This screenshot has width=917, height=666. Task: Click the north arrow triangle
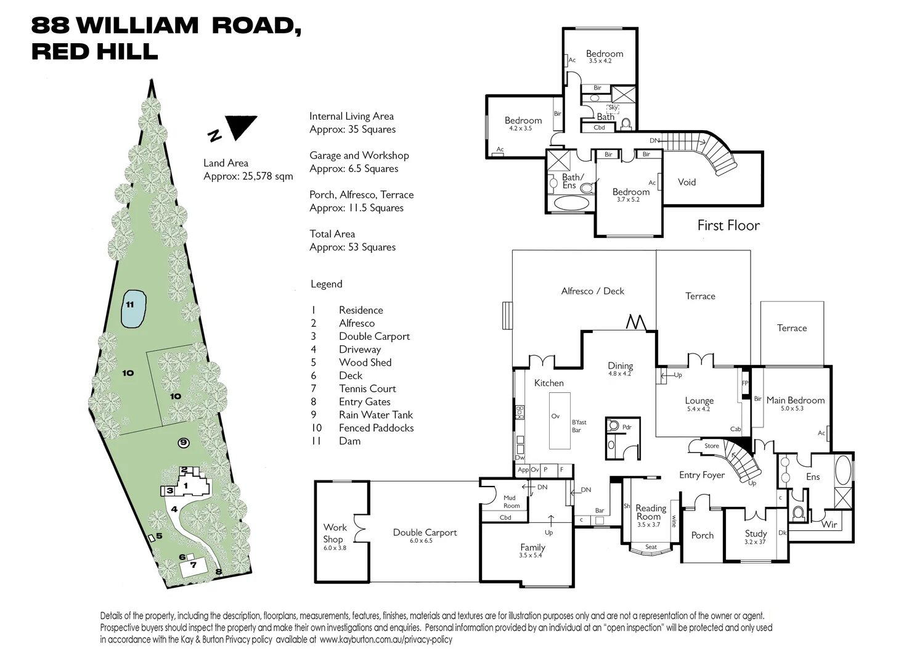tap(241, 126)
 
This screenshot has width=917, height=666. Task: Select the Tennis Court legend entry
tap(367, 388)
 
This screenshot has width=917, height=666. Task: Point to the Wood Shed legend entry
tap(365, 363)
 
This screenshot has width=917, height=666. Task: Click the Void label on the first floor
tap(687, 182)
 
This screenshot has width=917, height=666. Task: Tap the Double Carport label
tap(425, 532)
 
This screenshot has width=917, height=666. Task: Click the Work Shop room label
tap(335, 533)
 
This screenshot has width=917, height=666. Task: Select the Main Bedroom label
tap(795, 400)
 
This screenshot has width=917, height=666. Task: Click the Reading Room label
tap(651, 512)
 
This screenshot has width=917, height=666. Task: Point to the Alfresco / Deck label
tap(592, 291)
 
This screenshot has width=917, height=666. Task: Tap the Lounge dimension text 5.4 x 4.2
tap(698, 409)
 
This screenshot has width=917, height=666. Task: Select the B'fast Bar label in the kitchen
tap(579, 426)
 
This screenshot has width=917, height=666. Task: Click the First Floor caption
tap(728, 225)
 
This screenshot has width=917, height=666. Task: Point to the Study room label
tap(756, 533)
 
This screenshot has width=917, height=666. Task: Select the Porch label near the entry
tap(702, 535)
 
